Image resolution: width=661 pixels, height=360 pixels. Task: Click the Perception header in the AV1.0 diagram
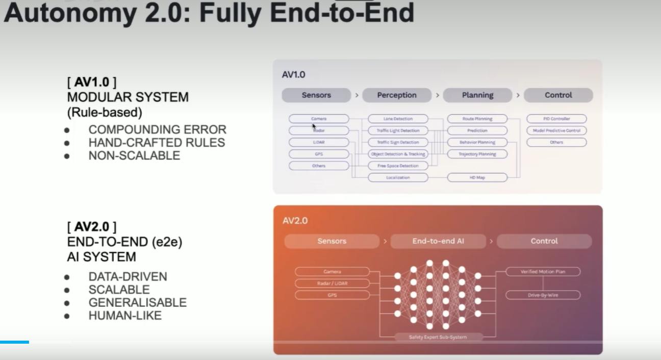397,95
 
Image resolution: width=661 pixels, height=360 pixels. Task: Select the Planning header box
477,95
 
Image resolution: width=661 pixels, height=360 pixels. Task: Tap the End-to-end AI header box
439,241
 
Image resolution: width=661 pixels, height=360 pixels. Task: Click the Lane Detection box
397,119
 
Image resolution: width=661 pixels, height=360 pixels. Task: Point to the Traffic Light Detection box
397,131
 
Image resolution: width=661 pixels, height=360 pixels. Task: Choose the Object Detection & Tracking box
397,154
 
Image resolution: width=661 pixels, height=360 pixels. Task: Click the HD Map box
477,177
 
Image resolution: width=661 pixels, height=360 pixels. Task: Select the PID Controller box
556,119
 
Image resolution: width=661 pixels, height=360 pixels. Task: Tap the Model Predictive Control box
556,131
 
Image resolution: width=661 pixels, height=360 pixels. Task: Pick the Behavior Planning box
477,142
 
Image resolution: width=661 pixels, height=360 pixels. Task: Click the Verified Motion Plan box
543,272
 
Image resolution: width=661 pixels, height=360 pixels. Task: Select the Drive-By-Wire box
543,295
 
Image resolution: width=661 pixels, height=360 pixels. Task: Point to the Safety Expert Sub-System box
438,337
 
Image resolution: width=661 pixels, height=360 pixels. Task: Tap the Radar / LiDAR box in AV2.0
332,284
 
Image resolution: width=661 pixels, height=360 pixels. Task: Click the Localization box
397,177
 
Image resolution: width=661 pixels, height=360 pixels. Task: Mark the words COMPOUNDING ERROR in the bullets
157,130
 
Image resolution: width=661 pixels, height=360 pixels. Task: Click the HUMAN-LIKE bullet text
125,316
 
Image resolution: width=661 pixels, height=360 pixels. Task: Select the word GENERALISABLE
137,302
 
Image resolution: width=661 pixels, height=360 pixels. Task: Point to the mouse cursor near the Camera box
314,126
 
